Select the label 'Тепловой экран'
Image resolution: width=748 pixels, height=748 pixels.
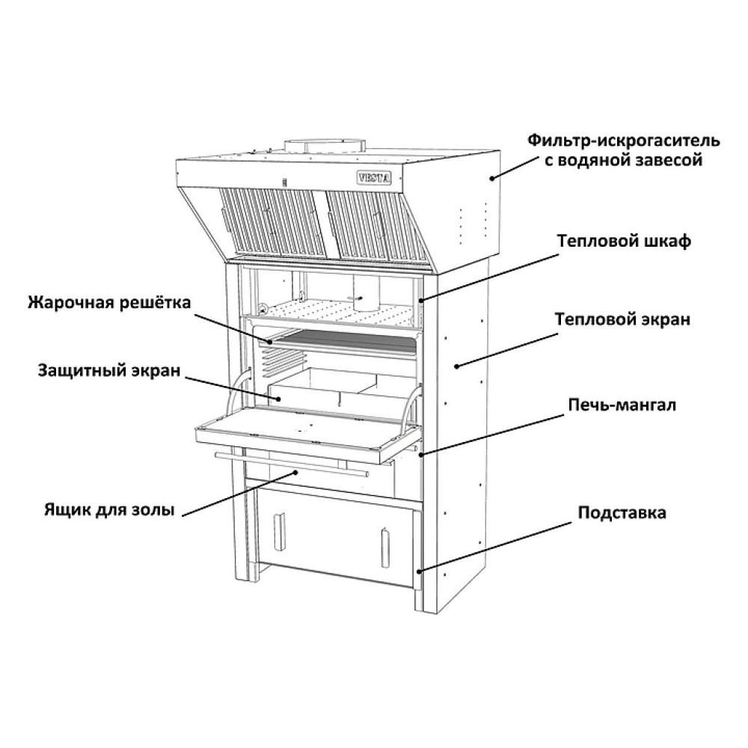pos(623,319)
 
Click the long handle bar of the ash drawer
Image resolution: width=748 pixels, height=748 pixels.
pos(291,464)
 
